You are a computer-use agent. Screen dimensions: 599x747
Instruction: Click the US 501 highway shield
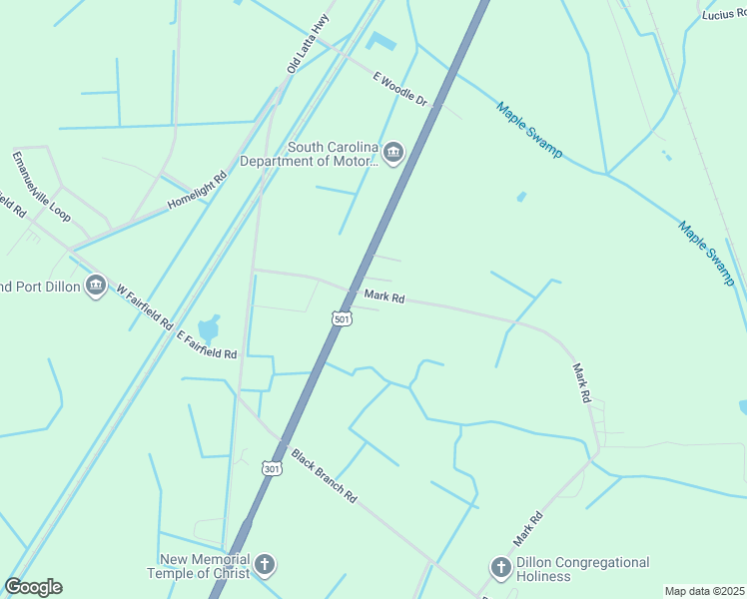click(x=341, y=317)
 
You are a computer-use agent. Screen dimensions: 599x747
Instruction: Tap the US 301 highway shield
click(x=271, y=467)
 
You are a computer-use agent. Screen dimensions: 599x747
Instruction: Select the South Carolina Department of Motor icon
click(x=392, y=153)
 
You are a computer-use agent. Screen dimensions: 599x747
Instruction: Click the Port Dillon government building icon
click(x=96, y=287)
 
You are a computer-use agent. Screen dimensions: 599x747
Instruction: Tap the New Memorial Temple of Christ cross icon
click(x=265, y=565)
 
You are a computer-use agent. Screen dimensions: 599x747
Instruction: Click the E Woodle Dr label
click(x=399, y=89)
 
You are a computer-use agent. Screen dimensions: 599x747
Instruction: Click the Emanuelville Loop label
click(x=41, y=186)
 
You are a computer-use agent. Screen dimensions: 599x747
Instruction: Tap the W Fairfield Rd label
click(x=144, y=306)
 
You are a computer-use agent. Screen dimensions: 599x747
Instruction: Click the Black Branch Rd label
click(x=324, y=475)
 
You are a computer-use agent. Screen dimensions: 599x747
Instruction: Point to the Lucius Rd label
click(x=723, y=13)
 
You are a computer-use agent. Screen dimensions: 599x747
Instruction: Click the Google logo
click(x=34, y=587)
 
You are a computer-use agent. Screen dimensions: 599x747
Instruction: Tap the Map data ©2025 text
click(x=704, y=591)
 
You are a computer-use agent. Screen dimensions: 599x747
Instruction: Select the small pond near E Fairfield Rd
click(x=210, y=327)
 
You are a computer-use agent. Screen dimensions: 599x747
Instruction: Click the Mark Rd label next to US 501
click(x=383, y=296)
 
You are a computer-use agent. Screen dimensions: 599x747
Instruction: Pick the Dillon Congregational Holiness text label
click(x=582, y=569)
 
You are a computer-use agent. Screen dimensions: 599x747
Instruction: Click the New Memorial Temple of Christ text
click(x=200, y=566)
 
